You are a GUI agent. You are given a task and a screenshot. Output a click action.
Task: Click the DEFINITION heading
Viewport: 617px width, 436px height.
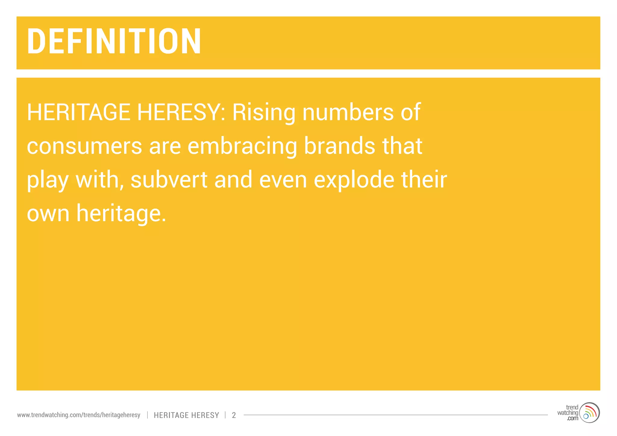point(114,41)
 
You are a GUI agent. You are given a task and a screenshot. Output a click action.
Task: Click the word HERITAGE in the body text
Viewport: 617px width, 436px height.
point(78,112)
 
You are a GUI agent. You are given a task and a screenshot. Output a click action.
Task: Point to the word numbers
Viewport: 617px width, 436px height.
point(348,112)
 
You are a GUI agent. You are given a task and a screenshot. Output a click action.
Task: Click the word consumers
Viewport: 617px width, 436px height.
point(84,146)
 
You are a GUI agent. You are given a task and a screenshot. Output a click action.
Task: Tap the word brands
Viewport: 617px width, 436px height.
point(340,146)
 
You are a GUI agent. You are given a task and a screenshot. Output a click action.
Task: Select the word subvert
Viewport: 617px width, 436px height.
point(169,180)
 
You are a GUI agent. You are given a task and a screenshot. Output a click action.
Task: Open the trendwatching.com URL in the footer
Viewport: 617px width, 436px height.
point(79,415)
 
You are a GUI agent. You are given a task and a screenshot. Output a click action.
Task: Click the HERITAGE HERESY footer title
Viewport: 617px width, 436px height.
point(186,415)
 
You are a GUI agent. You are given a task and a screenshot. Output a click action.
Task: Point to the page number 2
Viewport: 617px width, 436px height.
point(234,415)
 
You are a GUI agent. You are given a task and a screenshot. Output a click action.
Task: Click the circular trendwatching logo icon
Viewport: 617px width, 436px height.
point(590,413)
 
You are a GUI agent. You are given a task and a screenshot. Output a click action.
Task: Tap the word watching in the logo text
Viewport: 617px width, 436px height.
point(568,413)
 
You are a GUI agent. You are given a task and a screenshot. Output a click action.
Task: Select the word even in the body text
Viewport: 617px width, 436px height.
point(283,180)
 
